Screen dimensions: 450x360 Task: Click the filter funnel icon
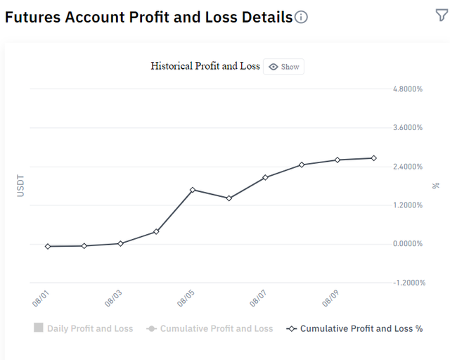[442, 15]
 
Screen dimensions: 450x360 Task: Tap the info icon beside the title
[301, 17]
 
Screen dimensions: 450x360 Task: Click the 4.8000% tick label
[408, 89]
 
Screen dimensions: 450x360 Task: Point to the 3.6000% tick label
[408, 127]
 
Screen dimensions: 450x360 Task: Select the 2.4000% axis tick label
[408, 167]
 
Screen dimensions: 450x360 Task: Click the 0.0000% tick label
[408, 244]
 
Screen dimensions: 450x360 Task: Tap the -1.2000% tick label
[409, 283]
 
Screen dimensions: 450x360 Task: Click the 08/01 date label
[41, 299]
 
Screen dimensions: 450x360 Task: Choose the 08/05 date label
[186, 299]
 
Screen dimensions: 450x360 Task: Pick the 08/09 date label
[330, 299]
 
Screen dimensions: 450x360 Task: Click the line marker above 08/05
[193, 190]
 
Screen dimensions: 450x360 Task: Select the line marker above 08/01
[48, 246]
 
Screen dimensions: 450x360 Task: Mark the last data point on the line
[373, 158]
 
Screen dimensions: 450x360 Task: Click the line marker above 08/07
[265, 177]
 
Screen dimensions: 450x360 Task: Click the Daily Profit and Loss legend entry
[83, 328]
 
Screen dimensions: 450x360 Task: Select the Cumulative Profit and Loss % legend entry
[354, 328]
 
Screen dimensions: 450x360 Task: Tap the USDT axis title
[20, 186]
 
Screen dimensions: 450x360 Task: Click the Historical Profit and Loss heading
[205, 66]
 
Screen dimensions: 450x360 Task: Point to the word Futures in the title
[33, 17]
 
